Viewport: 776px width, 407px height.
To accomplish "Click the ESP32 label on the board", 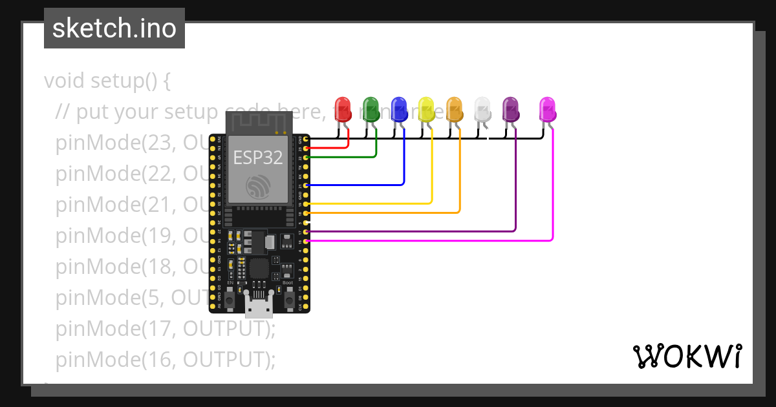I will click(257, 157).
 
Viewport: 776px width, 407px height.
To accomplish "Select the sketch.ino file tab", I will click(114, 28).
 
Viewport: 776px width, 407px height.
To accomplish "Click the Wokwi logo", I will click(686, 357).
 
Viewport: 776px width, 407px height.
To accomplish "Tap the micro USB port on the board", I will click(259, 306).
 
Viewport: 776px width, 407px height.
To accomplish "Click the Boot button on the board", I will click(288, 300).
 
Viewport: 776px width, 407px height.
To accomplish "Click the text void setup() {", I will click(107, 81).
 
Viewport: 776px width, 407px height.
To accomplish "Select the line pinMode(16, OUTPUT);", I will click(166, 359).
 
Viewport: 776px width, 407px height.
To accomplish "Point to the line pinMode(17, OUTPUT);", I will click(166, 329).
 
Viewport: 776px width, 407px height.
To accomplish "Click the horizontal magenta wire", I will click(427, 240).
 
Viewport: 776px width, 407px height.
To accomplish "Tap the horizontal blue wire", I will click(356, 185).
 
